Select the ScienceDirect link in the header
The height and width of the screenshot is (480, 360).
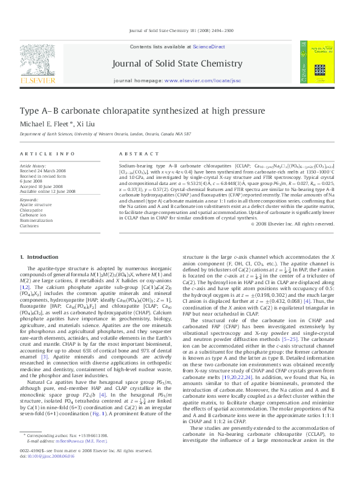click(x=209, y=47)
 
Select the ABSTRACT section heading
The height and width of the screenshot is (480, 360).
click(x=134, y=154)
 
